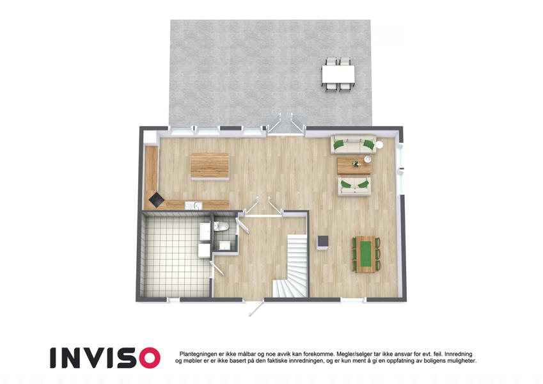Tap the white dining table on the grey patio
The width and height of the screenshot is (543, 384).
(338, 74)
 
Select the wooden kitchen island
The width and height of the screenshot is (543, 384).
(210, 166)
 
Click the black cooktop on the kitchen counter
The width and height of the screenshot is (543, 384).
(156, 200)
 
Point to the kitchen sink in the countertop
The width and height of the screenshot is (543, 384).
(193, 206)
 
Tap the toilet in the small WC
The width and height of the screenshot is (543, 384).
(221, 227)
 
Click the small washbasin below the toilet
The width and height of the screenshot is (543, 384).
(224, 245)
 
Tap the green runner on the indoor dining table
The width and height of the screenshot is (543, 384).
(365, 254)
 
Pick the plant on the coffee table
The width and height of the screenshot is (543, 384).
(356, 164)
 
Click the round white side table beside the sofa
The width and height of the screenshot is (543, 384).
(379, 144)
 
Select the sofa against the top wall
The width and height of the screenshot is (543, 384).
(353, 144)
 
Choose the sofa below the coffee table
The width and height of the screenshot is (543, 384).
(354, 187)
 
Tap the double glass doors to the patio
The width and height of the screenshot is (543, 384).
(287, 124)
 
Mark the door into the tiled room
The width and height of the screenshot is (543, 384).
(217, 268)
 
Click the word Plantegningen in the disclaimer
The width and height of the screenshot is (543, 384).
(198, 354)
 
